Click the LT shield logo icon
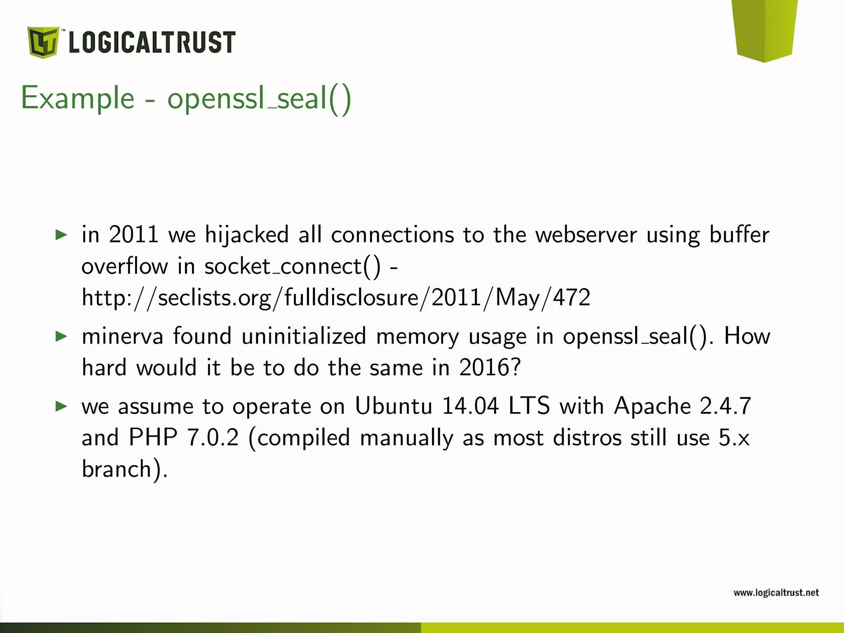coord(43,42)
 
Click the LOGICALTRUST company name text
coord(152,42)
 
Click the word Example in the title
coord(78,99)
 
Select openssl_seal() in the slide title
coord(259,99)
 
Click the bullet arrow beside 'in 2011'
coord(61,235)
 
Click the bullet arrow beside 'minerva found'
coord(61,336)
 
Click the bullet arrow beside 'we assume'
coord(61,406)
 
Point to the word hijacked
coord(247,235)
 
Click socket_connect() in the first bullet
coord(293,266)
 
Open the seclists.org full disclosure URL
coord(336,298)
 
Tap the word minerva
coord(122,336)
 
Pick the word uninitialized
coord(304,336)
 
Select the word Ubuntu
coord(394,406)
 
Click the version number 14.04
coord(470,406)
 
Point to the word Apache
coord(652,406)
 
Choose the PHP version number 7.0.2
coord(213,438)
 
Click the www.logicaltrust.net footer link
coord(776,593)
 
